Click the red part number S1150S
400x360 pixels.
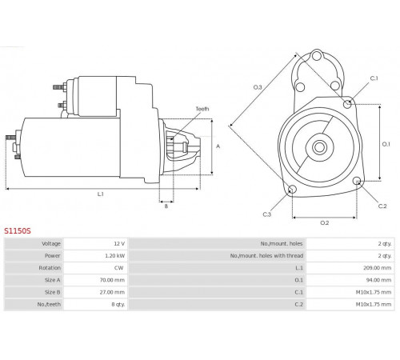[x=18, y=230]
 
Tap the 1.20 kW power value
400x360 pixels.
[x=114, y=256]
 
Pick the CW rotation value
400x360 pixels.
[x=119, y=268]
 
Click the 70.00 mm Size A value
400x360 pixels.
[x=112, y=280]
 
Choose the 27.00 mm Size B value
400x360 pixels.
[x=112, y=292]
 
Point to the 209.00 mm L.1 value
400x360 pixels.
[x=378, y=268]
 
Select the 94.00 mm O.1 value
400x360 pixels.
[x=379, y=280]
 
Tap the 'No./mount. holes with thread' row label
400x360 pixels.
[x=266, y=256]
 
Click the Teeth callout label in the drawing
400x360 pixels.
[x=202, y=109]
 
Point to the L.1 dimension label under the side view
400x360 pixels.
[x=100, y=194]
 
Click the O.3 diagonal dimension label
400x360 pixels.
[x=258, y=87]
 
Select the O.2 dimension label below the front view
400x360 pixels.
[x=325, y=222]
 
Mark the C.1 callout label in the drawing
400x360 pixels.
[x=374, y=78]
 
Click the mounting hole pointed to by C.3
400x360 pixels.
[x=292, y=190]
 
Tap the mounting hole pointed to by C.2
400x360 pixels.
[x=357, y=181]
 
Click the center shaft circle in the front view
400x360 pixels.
[x=319, y=147]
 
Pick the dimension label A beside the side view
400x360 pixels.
[x=218, y=146]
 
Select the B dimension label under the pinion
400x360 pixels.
[x=166, y=206]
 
